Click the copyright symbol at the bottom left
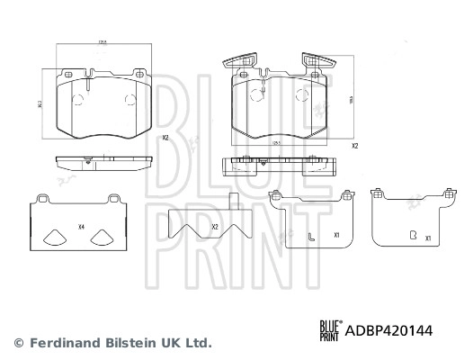pos(17,343)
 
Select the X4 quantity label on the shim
pos(82,226)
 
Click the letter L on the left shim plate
pos(309,237)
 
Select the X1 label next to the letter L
pos(335,237)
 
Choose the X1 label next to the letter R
pos(429,238)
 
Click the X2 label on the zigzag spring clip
pos(215,228)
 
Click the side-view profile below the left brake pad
pos(101,163)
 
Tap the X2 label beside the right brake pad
pos(354,145)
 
